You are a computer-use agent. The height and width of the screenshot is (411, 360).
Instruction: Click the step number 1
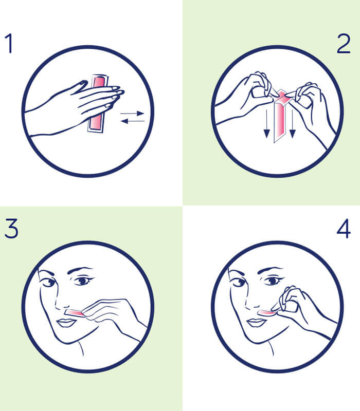pos(9,43)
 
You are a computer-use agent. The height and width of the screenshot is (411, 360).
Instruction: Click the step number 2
pos(343,44)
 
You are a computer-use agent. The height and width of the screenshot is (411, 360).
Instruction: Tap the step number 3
pos(11,229)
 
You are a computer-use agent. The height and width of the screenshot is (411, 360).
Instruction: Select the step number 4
pos(344,229)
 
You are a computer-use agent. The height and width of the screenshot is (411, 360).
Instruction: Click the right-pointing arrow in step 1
pos(132,114)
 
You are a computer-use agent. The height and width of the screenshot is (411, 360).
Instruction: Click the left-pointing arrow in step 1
pos(133,121)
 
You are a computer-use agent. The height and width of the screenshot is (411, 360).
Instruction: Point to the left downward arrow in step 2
pos(266,123)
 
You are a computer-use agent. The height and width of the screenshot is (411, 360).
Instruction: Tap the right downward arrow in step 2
pos(292,123)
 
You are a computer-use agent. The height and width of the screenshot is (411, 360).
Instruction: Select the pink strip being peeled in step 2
pos(280,115)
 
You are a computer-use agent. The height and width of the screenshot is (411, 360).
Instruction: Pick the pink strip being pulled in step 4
pos(266,312)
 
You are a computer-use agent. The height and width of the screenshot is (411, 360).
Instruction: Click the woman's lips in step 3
pos(66,323)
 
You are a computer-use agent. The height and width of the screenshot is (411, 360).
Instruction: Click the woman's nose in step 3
pos(62,302)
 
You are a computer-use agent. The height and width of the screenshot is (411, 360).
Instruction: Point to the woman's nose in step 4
pos(252,302)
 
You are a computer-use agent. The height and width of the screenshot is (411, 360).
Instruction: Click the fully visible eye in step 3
pos(83,281)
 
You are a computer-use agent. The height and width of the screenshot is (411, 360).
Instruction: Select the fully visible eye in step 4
pos(273,281)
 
